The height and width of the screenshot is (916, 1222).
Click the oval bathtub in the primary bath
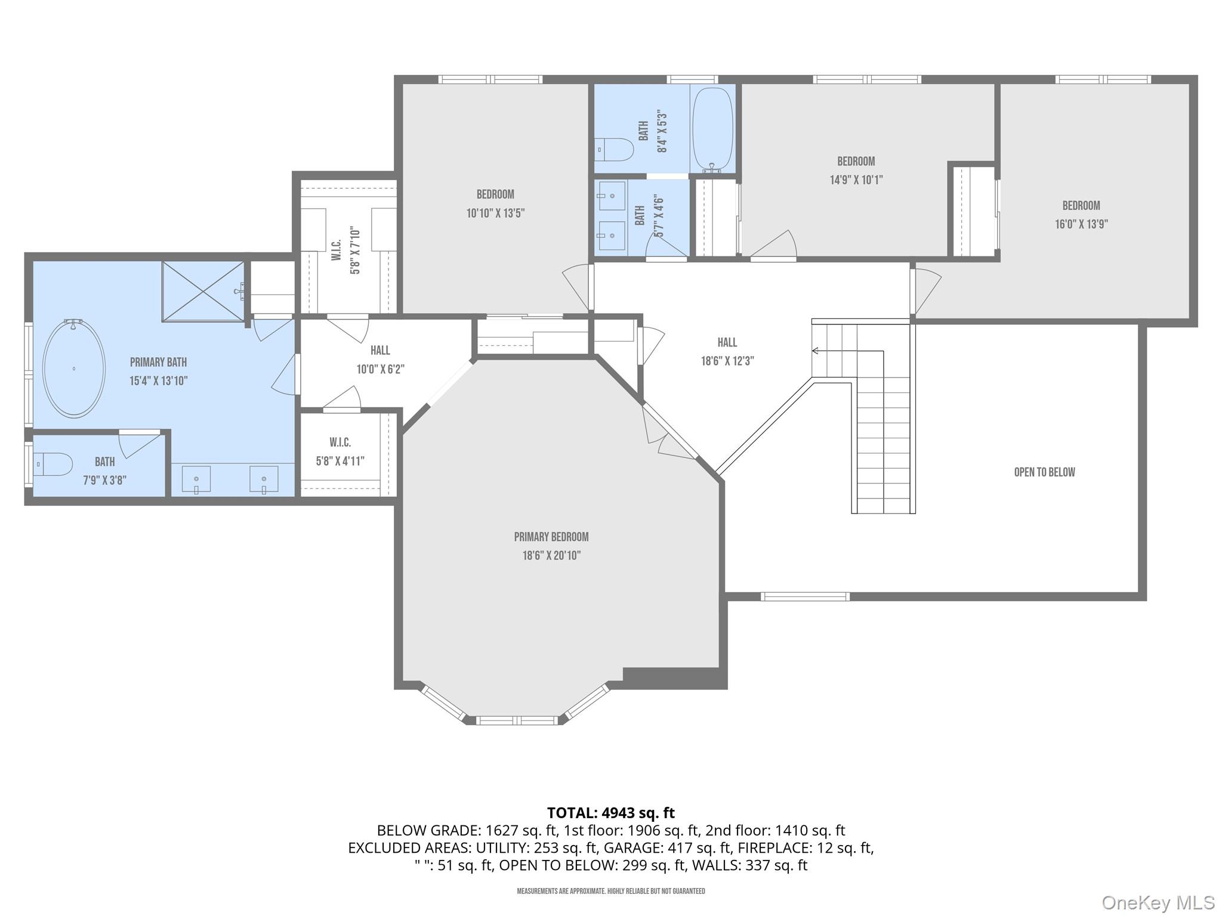click(x=74, y=368)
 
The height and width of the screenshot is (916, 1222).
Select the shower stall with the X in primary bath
click(x=203, y=291)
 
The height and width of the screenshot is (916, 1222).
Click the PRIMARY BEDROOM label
click(x=551, y=537)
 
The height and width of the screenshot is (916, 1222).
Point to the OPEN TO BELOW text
click(x=1044, y=472)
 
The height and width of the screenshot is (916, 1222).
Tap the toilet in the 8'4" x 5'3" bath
click(x=615, y=150)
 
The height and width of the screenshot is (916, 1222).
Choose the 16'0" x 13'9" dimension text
click(x=1081, y=224)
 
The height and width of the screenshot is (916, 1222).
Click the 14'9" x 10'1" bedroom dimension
click(x=856, y=180)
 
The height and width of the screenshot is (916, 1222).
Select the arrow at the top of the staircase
click(x=815, y=351)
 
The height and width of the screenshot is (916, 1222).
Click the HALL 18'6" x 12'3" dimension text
click(x=727, y=361)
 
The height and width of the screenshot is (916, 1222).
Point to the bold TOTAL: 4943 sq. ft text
click(x=610, y=812)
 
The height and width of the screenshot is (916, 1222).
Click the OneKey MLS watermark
click(x=1158, y=902)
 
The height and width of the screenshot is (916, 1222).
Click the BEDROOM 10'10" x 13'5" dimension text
click(x=495, y=213)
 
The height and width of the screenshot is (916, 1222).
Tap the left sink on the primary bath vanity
click(x=196, y=479)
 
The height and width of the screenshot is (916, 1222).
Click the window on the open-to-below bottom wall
click(x=805, y=596)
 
